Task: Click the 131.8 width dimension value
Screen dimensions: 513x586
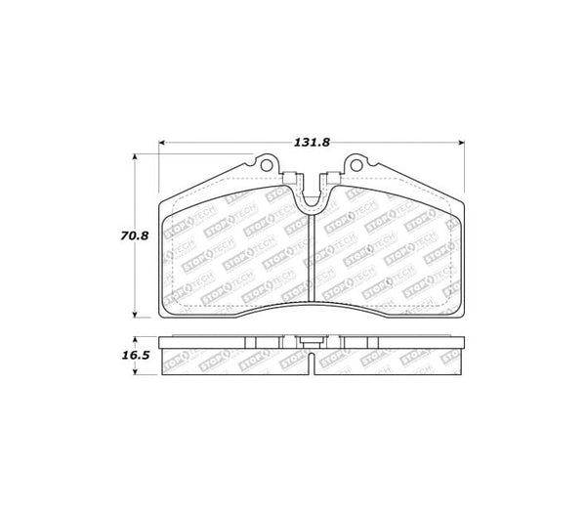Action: (x=312, y=142)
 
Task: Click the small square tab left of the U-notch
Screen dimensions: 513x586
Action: (x=292, y=177)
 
